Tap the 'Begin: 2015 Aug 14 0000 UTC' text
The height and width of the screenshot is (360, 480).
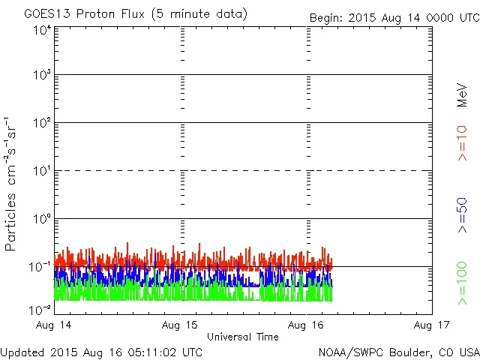coord(394,17)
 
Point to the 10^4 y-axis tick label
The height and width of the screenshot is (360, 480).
coord(41,30)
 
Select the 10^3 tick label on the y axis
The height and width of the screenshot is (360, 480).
coord(41,75)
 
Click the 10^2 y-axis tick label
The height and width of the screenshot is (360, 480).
coord(41,123)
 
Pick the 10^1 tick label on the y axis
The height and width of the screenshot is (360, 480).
coord(41,171)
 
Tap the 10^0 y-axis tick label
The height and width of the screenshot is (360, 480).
coord(41,219)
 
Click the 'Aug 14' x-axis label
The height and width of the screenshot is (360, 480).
coord(55,325)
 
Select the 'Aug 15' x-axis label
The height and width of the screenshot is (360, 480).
coord(181,325)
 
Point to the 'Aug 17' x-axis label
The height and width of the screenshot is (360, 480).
coord(431,325)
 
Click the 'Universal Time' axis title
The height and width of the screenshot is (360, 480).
coord(242,337)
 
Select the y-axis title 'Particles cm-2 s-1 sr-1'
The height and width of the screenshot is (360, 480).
coord(13,184)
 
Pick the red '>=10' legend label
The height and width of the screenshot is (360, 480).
coord(463,143)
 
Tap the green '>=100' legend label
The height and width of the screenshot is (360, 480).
coord(463,283)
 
